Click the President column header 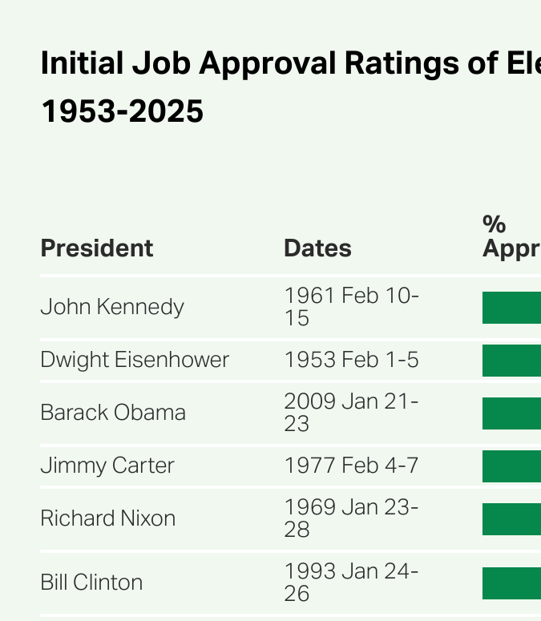[96, 248]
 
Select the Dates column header [317, 248]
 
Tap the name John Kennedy [112, 307]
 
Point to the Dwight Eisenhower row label [135, 360]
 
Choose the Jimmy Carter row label [107, 466]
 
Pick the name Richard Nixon [107, 518]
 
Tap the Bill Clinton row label [91, 583]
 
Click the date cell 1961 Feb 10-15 [350, 307]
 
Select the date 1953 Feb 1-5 [351, 360]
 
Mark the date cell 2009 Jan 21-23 [350, 413]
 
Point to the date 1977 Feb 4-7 [351, 466]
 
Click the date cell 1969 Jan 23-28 [350, 518]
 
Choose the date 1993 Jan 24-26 [350, 583]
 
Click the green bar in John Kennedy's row [511, 308]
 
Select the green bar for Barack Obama [511, 413]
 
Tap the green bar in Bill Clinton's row [511, 583]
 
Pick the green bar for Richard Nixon [511, 519]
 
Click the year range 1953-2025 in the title [122, 111]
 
